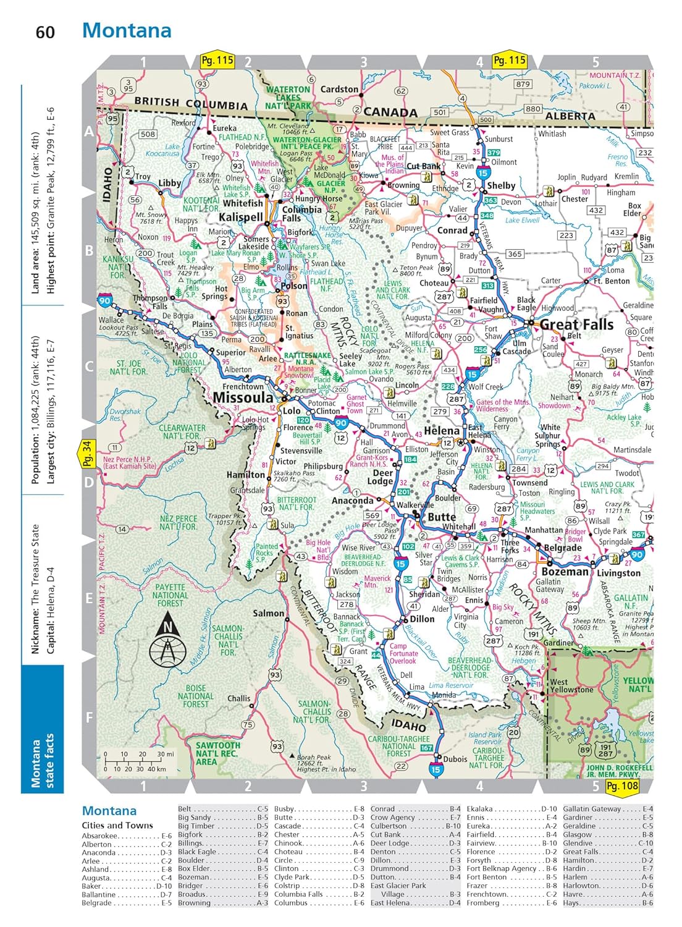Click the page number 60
(x=44, y=32)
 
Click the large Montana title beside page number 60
(x=127, y=30)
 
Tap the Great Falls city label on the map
(x=576, y=324)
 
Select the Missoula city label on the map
(x=243, y=397)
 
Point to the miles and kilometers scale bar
(x=139, y=761)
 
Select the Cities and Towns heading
(x=117, y=825)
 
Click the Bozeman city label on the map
(x=565, y=572)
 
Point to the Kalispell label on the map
(x=240, y=217)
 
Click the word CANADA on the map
(x=390, y=112)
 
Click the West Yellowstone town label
(x=571, y=685)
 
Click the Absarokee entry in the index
(x=100, y=836)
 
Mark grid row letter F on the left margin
(x=89, y=717)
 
